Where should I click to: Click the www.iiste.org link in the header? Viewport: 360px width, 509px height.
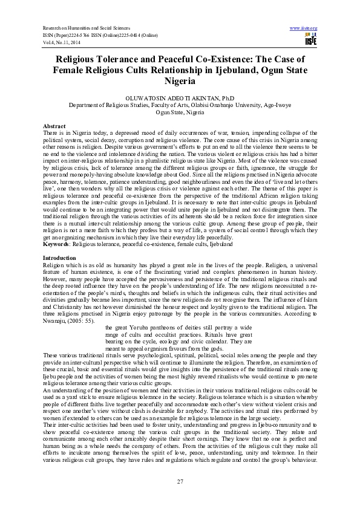(304, 28)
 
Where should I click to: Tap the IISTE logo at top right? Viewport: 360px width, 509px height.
(310, 41)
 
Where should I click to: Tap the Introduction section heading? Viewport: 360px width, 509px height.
(59, 258)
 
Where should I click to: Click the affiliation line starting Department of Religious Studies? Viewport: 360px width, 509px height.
(179, 105)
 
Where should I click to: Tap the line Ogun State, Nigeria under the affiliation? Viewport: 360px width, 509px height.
(179, 112)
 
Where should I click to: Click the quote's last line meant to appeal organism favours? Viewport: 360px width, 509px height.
(164, 349)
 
